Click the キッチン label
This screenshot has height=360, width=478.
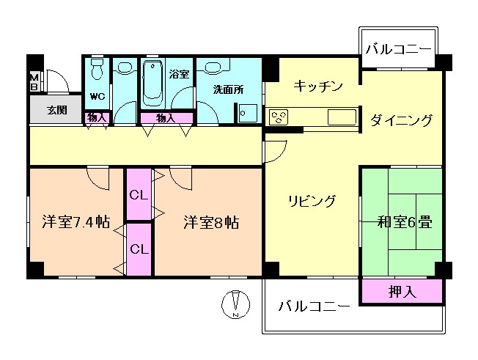318,87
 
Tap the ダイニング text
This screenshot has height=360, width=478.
401,120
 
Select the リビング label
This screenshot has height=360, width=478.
312,201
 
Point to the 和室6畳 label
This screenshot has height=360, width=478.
404,221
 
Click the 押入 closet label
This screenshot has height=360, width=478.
402,291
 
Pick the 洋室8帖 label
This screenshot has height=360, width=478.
211,221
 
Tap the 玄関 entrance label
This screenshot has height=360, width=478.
56,111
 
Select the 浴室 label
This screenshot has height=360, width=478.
178,73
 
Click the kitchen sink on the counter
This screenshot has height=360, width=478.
341,117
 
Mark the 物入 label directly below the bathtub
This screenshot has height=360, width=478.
165,118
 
